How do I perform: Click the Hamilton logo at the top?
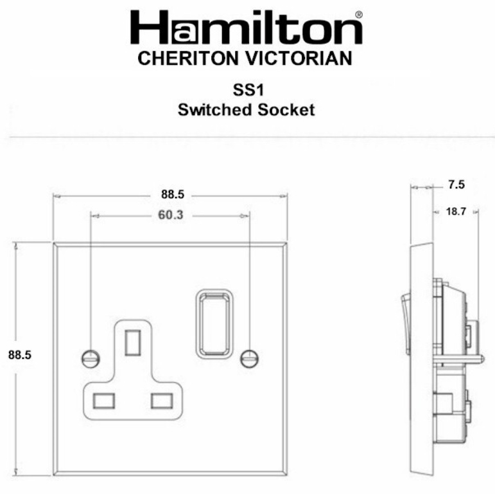point(247,29)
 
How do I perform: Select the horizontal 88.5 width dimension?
point(171,194)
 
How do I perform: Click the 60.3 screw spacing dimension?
point(171,215)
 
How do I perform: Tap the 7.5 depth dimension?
point(456,186)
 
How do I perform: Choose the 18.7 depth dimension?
point(455,210)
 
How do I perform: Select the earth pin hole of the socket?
point(134,342)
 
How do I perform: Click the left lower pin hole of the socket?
point(103,400)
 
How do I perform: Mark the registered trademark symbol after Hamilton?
point(358,14)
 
